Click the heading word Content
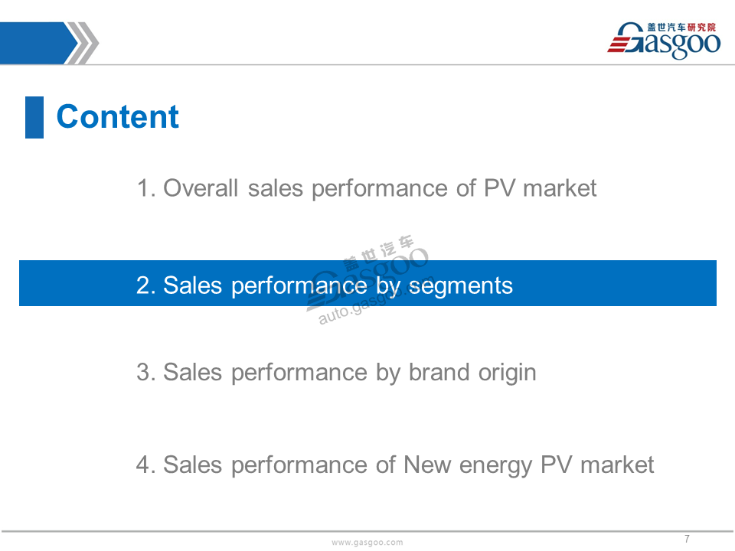pyautogui.click(x=118, y=116)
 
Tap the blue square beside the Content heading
pyautogui.click(x=34, y=117)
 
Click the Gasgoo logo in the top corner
pyautogui.click(x=664, y=41)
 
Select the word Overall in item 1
pyautogui.click(x=201, y=188)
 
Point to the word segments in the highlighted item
pyautogui.click(x=461, y=285)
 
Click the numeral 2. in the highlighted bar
pyautogui.click(x=146, y=285)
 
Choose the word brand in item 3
pyautogui.click(x=439, y=373)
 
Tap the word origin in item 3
pyautogui.click(x=507, y=373)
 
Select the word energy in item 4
pyautogui.click(x=495, y=467)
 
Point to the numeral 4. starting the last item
pyautogui.click(x=146, y=465)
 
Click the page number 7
pyautogui.click(x=687, y=539)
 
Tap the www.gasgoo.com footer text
pyautogui.click(x=367, y=543)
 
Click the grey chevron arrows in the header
pyautogui.click(x=83, y=43)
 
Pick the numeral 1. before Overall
pyautogui.click(x=146, y=188)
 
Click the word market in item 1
pyautogui.click(x=560, y=188)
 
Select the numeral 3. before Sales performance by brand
pyautogui.click(x=146, y=373)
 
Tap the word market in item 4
pyautogui.click(x=617, y=465)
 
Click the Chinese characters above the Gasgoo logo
pyautogui.click(x=681, y=28)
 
